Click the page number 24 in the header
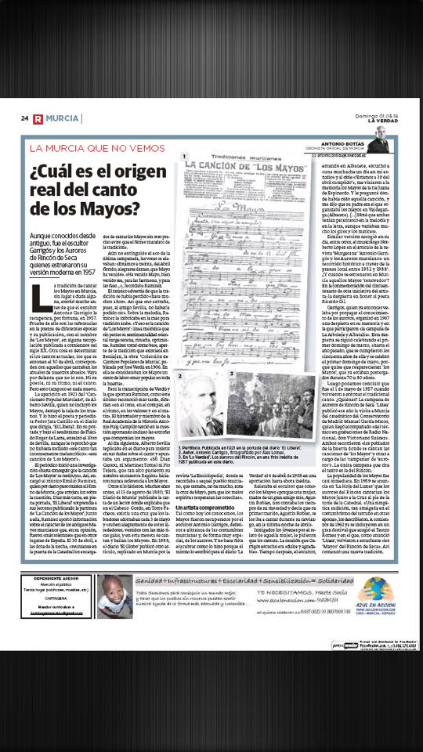25,118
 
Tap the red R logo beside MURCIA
37,118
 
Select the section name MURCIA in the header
61,118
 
